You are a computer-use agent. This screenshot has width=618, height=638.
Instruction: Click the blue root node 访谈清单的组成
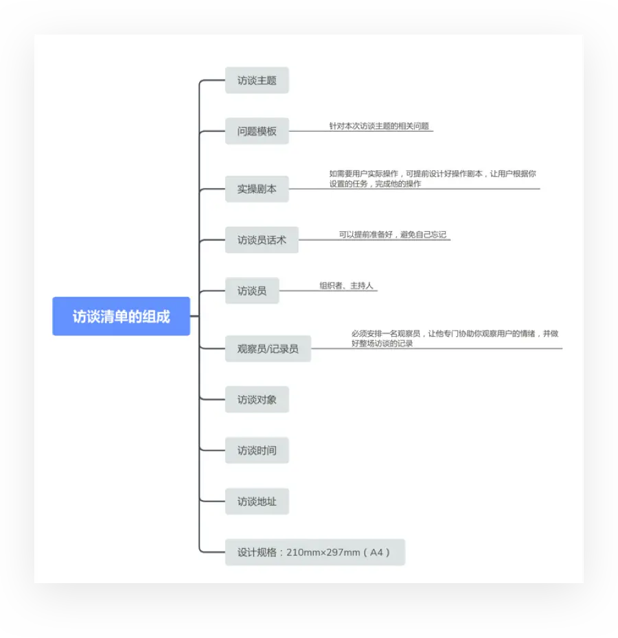click(x=121, y=316)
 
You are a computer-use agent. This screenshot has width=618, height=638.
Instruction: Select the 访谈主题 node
click(x=257, y=80)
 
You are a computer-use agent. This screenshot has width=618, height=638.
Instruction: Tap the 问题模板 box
click(x=257, y=131)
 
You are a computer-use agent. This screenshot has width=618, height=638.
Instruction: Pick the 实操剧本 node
click(x=257, y=189)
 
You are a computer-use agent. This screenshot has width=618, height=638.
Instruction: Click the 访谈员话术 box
click(x=262, y=240)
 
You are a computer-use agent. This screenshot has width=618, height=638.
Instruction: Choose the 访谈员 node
click(x=252, y=291)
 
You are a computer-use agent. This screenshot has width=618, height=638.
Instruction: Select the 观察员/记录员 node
click(x=268, y=348)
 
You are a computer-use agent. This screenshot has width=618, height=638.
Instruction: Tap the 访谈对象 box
click(x=257, y=399)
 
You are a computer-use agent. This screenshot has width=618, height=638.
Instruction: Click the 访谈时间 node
click(x=257, y=451)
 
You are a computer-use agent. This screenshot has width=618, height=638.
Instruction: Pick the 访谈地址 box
click(x=257, y=501)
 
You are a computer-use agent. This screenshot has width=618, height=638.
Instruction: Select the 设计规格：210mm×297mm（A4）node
click(x=314, y=552)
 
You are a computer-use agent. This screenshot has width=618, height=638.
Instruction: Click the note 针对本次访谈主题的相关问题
click(x=379, y=126)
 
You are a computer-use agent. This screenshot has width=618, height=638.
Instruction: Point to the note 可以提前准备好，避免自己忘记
click(x=392, y=235)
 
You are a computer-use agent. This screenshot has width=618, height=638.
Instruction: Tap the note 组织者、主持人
click(x=346, y=285)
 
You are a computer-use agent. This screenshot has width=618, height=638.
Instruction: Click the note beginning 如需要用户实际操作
click(x=433, y=178)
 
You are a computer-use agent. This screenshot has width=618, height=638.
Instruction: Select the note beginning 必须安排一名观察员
click(x=455, y=338)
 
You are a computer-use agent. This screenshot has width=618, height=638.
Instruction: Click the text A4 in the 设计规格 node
click(x=376, y=552)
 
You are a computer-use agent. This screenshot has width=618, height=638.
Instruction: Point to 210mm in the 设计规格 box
click(x=303, y=552)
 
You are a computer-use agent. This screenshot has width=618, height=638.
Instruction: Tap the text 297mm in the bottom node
click(x=343, y=552)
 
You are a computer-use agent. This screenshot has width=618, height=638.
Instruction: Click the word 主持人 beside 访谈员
click(x=362, y=285)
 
